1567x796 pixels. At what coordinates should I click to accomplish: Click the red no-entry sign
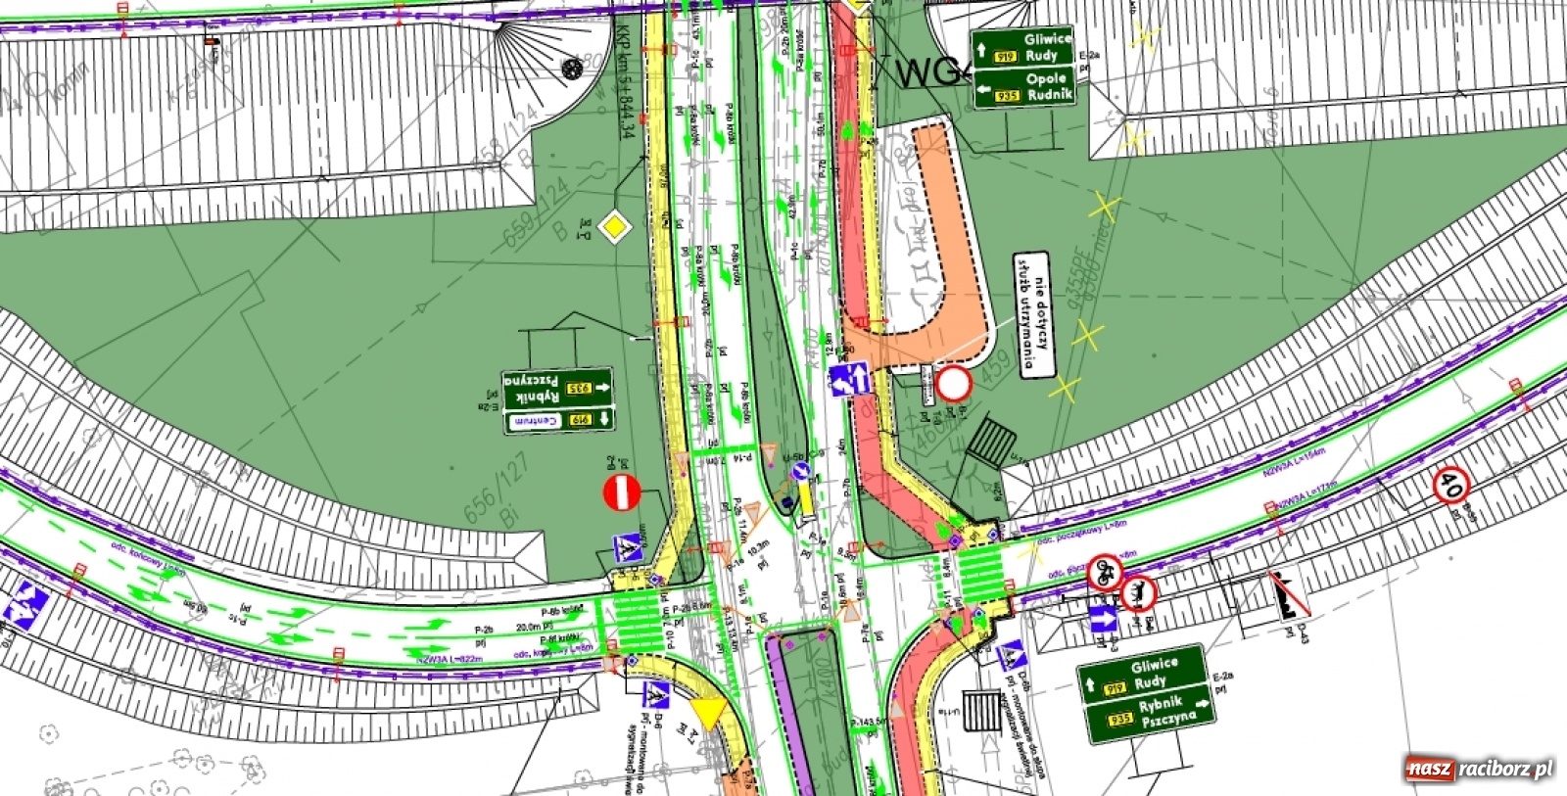tap(621, 492)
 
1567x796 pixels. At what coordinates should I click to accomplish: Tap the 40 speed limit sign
tap(1451, 486)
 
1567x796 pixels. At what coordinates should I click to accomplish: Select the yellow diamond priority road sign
tap(613, 227)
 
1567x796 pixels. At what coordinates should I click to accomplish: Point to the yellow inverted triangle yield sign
tap(709, 712)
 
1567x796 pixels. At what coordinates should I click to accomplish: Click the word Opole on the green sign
tap(1046, 78)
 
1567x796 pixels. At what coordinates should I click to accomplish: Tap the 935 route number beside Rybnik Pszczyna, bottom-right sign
tap(1119, 721)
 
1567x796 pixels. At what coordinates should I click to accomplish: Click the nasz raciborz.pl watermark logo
tap(1479, 769)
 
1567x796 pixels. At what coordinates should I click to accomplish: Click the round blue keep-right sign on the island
tap(800, 474)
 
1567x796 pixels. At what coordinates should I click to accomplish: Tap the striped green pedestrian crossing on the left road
tap(638, 621)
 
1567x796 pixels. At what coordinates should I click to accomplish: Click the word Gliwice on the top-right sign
tap(1047, 39)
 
